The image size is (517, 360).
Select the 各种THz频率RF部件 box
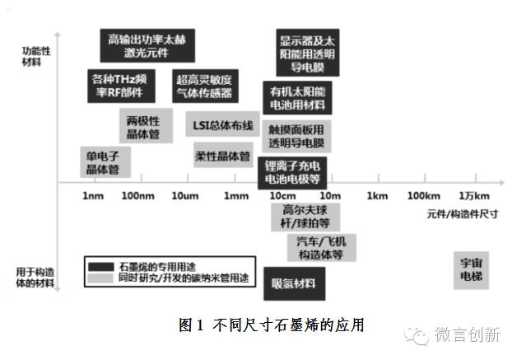pyautogui.click(x=120, y=85)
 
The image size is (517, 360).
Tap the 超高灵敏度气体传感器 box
pyautogui.click(x=204, y=86)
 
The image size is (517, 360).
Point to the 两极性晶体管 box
pyautogui.click(x=143, y=127)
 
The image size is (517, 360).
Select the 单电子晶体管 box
pyautogui.click(x=103, y=162)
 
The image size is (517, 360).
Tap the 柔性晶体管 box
pyautogui.click(x=222, y=156)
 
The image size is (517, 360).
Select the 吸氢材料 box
pyautogui.click(x=293, y=284)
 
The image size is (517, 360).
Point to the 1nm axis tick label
pyautogui.click(x=92, y=196)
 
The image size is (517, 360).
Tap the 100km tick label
pyautogui.click(x=423, y=196)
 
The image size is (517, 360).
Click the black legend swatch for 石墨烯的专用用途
pyautogui.click(x=102, y=267)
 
